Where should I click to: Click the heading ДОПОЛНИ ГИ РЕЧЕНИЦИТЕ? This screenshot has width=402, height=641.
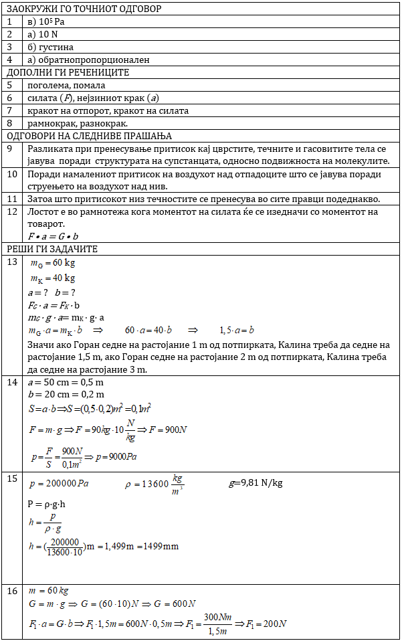click(68, 72)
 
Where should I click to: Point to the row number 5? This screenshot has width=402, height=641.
click(10, 85)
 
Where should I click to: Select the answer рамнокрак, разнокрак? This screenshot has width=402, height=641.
click(78, 123)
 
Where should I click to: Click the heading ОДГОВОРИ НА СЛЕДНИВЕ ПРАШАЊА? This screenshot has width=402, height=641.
click(89, 136)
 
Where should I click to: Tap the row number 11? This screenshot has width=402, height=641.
click(12, 199)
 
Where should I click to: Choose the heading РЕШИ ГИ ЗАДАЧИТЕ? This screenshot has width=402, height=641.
click(52, 249)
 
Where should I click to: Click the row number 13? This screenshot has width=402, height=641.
click(12, 262)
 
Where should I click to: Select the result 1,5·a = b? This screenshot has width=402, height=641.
click(237, 331)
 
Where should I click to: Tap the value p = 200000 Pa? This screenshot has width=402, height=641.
click(60, 483)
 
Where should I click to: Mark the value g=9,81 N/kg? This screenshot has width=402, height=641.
click(256, 483)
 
